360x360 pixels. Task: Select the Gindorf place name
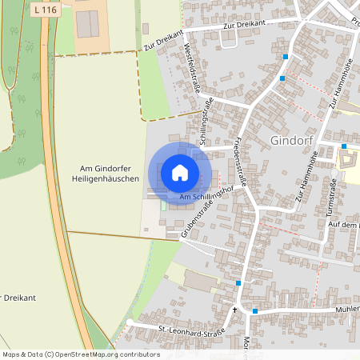coord(296,140)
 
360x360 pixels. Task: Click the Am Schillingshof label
coord(206,197)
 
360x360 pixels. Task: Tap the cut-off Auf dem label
coord(342,225)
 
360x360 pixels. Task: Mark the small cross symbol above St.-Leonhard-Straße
coord(234,310)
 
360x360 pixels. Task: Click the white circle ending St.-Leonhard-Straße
coord(130,322)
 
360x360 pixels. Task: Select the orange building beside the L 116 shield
coord(87,25)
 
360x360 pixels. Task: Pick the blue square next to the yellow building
coord(343,146)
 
